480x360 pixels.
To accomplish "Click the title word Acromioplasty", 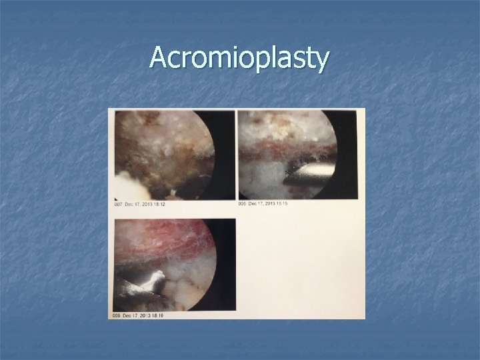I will pyautogui.click(x=239, y=59).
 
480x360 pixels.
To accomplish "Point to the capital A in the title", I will pyautogui.click(x=159, y=58).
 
